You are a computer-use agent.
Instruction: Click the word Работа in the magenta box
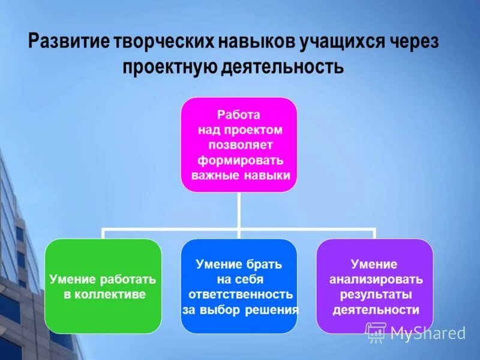tap(238, 114)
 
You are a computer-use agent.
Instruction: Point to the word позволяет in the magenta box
tap(240, 145)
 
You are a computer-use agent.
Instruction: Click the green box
tap(103, 312)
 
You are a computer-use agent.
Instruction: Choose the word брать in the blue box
tap(265, 264)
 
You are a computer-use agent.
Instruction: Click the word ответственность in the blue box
tap(241, 295)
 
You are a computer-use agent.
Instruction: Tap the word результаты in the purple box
tap(375, 295)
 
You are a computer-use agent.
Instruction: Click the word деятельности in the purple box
tap(375, 310)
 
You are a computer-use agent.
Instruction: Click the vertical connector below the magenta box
tap(239, 210)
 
